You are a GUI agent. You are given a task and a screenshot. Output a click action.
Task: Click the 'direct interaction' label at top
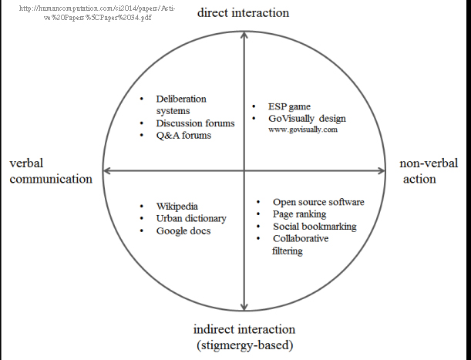tap(244, 12)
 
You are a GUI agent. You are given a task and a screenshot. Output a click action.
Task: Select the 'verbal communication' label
tap(51, 170)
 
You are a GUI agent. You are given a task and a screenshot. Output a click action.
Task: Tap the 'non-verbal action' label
tap(429, 170)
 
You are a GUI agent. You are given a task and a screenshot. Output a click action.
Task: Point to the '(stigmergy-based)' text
tap(244, 345)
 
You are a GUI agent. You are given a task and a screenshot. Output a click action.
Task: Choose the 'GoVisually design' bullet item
tap(308, 119)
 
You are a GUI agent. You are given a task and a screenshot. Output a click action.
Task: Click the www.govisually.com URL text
tap(303, 130)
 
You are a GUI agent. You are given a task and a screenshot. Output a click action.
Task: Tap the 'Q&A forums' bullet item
tap(183, 136)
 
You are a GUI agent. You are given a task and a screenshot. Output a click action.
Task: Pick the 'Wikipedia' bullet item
tap(177, 207)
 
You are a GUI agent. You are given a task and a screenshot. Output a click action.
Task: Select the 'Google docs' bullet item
tap(183, 230)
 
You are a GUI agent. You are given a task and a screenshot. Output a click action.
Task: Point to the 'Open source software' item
tap(318, 202)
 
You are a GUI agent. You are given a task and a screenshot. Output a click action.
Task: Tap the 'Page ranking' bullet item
tap(300, 214)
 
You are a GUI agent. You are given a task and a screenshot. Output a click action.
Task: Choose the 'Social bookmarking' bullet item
tap(315, 227)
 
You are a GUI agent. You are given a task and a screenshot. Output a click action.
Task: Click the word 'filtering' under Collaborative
tap(288, 251)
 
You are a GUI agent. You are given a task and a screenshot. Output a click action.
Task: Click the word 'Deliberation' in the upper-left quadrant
tap(181, 99)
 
